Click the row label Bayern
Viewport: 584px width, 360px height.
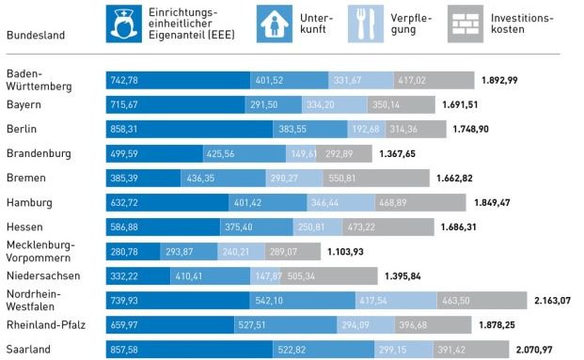(x=25, y=104)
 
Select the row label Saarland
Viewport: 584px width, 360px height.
(x=29, y=349)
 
